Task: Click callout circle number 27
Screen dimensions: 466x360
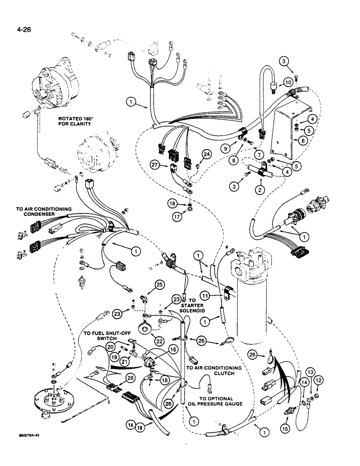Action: point(155,164)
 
